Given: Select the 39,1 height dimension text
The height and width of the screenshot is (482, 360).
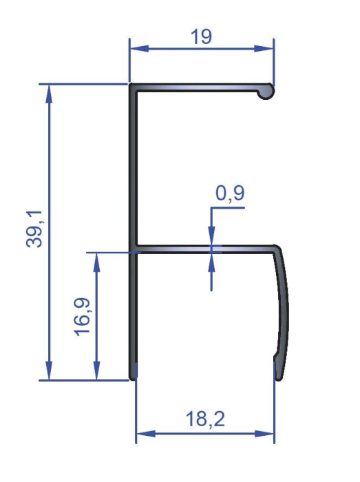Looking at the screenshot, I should (x=36, y=231).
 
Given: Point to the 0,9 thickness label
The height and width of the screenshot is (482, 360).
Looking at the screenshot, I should (x=229, y=194).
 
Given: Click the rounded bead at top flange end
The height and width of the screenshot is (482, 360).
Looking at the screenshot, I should (x=266, y=90).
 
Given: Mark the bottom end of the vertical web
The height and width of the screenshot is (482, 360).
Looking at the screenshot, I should (x=132, y=375).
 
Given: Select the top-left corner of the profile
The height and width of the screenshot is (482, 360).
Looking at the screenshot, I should (x=131, y=86).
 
